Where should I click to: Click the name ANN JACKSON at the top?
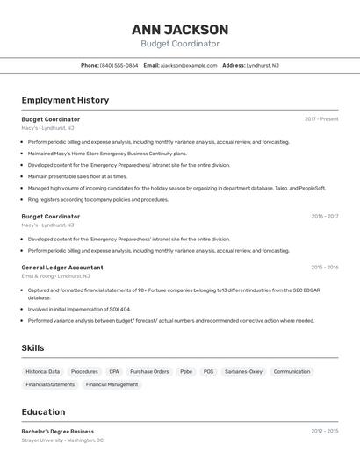[180, 29]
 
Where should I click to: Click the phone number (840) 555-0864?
[119, 65]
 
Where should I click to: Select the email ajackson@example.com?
[188, 65]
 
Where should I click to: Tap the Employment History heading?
[65, 100]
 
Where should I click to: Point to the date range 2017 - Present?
[321, 118]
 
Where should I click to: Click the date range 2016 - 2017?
[324, 216]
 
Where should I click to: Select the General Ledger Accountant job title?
[62, 268]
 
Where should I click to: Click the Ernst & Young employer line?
[55, 276]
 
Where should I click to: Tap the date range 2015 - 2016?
[324, 268]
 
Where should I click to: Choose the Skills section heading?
[32, 348]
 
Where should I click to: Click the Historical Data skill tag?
[43, 371]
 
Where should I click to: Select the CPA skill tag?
[114, 371]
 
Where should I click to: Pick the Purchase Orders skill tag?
[149, 371]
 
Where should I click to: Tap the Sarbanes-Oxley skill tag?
[243, 371]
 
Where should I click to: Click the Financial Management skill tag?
[112, 384]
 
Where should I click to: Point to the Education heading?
[43, 412]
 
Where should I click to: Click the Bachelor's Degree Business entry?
[58, 431]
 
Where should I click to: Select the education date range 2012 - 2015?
[324, 431]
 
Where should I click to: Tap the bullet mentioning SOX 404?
[79, 309]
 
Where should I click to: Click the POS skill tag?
[208, 371]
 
